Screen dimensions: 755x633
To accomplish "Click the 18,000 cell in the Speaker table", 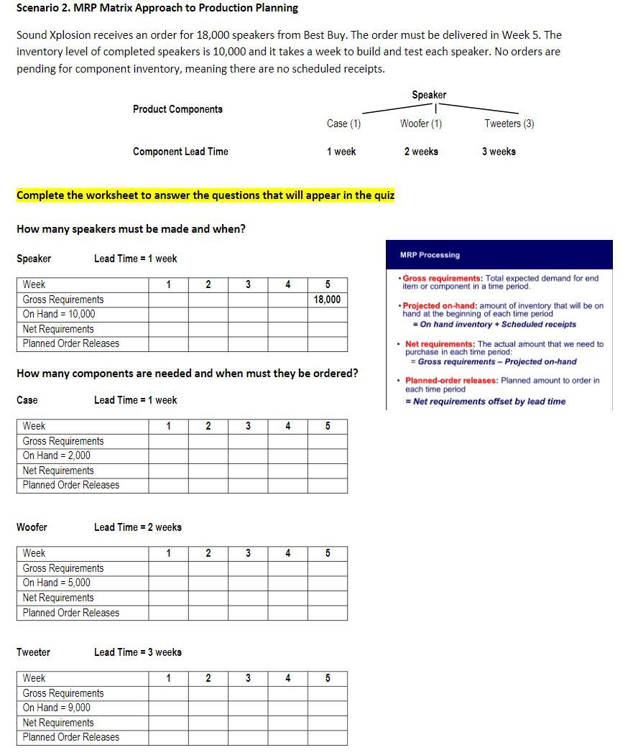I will tap(327, 300).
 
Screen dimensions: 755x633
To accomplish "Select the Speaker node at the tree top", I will tap(429, 95).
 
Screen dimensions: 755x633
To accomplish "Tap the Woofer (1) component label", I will tap(421, 124).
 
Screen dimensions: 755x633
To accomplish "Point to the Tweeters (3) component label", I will tap(509, 124).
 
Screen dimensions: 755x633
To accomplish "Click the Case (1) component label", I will tap(343, 124).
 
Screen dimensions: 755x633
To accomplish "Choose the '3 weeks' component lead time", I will tap(499, 152).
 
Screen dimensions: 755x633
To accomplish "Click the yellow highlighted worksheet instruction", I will tap(205, 195).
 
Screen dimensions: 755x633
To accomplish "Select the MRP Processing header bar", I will tap(499, 255).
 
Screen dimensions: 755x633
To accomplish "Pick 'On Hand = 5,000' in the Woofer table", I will tap(57, 583).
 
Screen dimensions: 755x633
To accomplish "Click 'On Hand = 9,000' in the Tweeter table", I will tap(57, 708).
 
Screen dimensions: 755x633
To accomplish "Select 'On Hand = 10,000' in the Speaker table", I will tap(59, 314).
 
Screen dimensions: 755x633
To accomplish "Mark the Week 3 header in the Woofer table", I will tap(248, 553).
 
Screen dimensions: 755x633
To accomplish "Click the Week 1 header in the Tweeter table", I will tap(168, 678).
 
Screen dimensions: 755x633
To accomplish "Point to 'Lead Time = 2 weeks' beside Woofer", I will tap(138, 527).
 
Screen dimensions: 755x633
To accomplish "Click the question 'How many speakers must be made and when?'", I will tap(131, 229).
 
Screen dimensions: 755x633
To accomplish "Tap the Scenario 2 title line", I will tap(157, 8).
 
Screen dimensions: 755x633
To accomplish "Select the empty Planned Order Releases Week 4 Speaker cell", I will tap(287, 343).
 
